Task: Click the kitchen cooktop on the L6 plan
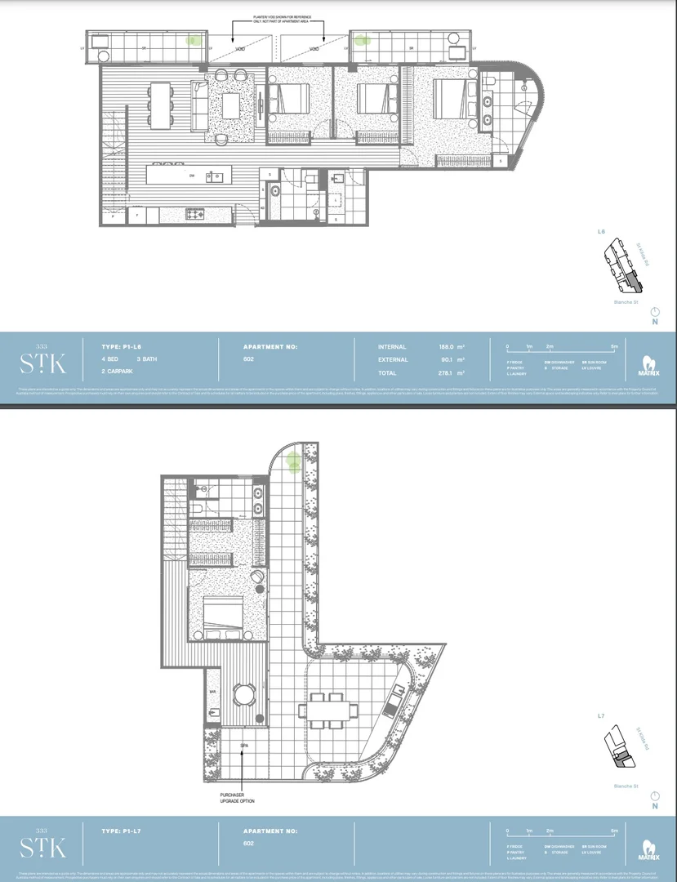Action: click(x=196, y=215)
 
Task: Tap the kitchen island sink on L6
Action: click(x=214, y=176)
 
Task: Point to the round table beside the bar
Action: click(x=244, y=696)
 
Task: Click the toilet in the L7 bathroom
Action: click(x=198, y=509)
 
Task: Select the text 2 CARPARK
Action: click(x=119, y=372)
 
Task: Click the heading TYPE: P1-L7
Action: click(x=122, y=830)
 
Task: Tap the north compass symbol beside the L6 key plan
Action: click(x=654, y=315)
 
